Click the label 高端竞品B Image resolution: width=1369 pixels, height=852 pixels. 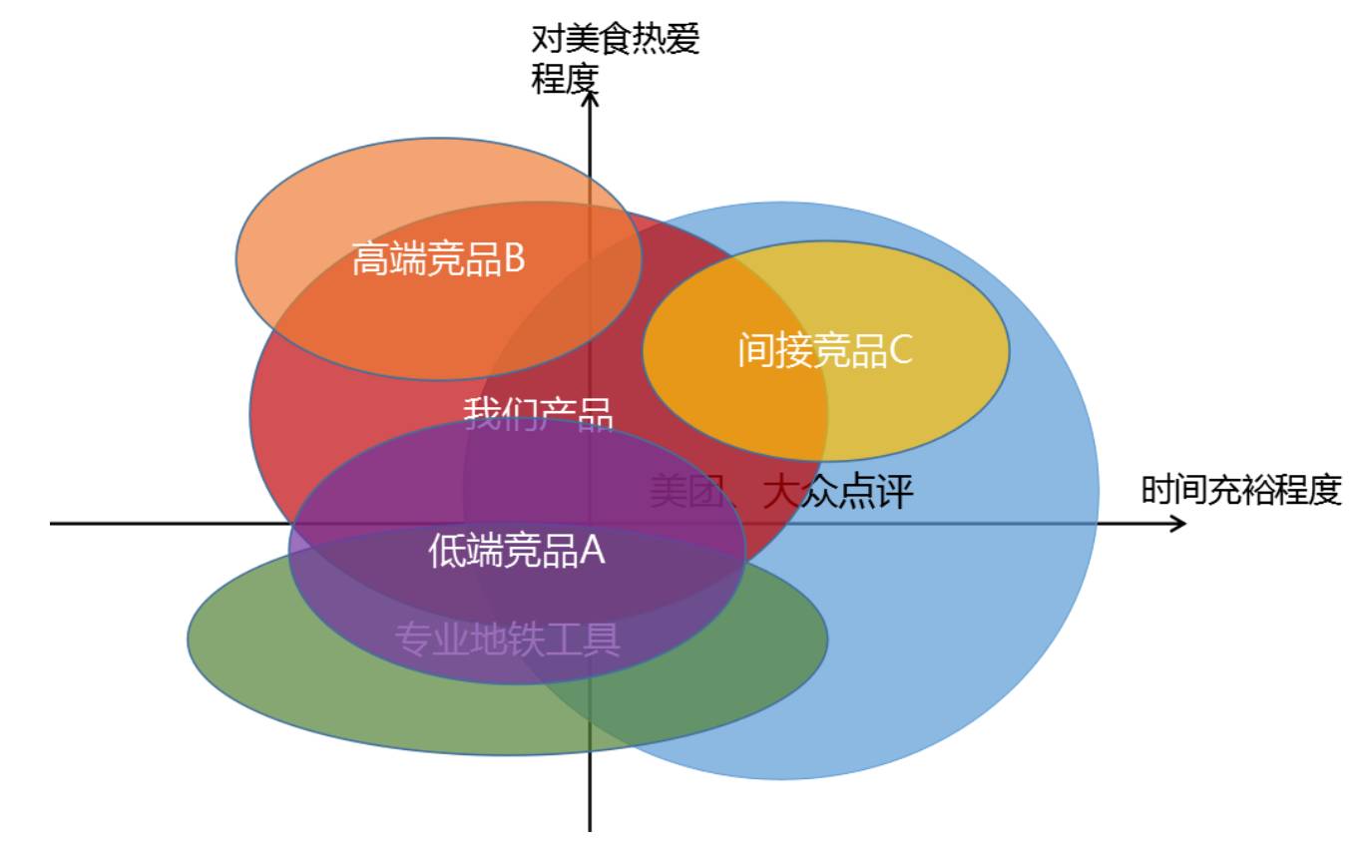[438, 260]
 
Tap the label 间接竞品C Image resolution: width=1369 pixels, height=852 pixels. [825, 350]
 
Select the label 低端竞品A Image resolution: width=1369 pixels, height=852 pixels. [517, 551]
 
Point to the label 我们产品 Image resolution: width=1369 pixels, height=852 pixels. [537, 414]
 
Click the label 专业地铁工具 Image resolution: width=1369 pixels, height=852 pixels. [508, 639]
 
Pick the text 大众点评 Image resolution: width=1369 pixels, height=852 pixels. [838, 492]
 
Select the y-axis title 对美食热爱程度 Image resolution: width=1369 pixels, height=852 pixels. [616, 58]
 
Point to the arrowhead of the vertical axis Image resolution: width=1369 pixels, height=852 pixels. [590, 97]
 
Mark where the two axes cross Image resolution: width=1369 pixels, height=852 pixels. [590, 524]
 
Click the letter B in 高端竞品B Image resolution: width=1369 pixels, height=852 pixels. [514, 260]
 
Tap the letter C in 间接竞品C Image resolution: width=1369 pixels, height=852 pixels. [900, 350]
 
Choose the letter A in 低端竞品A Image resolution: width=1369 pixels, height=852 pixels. [593, 551]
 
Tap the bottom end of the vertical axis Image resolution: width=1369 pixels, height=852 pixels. [590, 828]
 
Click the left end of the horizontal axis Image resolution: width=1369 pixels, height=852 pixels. [52, 524]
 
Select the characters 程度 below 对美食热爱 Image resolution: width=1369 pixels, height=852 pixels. [564, 78]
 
